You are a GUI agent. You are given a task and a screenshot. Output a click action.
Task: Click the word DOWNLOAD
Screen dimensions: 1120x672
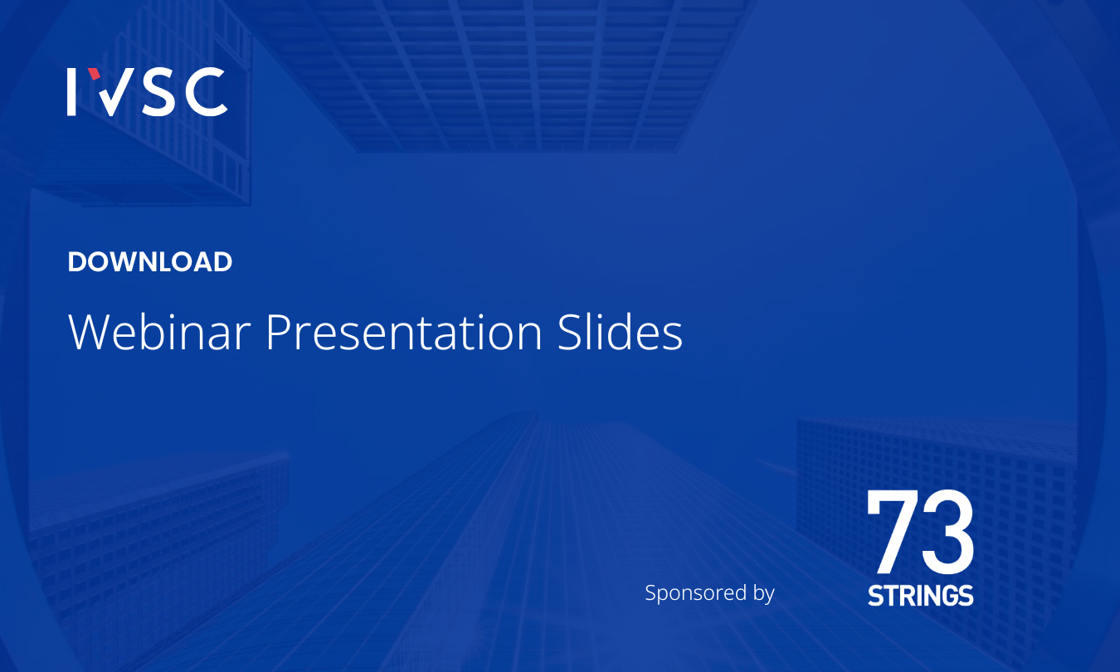tap(150, 261)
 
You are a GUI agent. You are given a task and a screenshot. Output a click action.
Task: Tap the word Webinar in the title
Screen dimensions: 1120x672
tap(159, 332)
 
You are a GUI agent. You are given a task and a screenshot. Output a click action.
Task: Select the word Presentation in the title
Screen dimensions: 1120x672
tap(404, 332)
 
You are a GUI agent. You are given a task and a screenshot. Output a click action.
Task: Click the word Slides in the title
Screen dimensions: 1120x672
tap(620, 332)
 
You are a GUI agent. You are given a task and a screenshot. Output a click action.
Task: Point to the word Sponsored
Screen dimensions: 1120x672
tap(695, 593)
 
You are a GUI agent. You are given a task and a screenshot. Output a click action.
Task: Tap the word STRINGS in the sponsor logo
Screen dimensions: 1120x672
tap(921, 596)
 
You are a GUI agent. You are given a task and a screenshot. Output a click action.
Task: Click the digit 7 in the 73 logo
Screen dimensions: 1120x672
tap(891, 532)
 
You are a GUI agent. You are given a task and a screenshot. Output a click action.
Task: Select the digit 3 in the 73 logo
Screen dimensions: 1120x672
tap(947, 532)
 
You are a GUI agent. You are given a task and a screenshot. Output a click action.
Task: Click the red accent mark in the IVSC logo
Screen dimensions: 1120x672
tap(94, 74)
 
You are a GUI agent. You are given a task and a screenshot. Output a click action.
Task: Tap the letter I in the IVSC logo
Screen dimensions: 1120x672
tap(71, 92)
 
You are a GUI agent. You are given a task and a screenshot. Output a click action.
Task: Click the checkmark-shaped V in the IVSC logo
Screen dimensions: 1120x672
tap(114, 92)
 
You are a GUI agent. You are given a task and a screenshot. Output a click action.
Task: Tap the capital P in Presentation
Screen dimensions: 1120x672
tap(278, 332)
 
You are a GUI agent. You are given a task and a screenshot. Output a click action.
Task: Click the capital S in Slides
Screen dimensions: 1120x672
tap(569, 332)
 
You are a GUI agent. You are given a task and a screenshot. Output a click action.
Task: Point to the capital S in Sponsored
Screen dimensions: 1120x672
tap(651, 592)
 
